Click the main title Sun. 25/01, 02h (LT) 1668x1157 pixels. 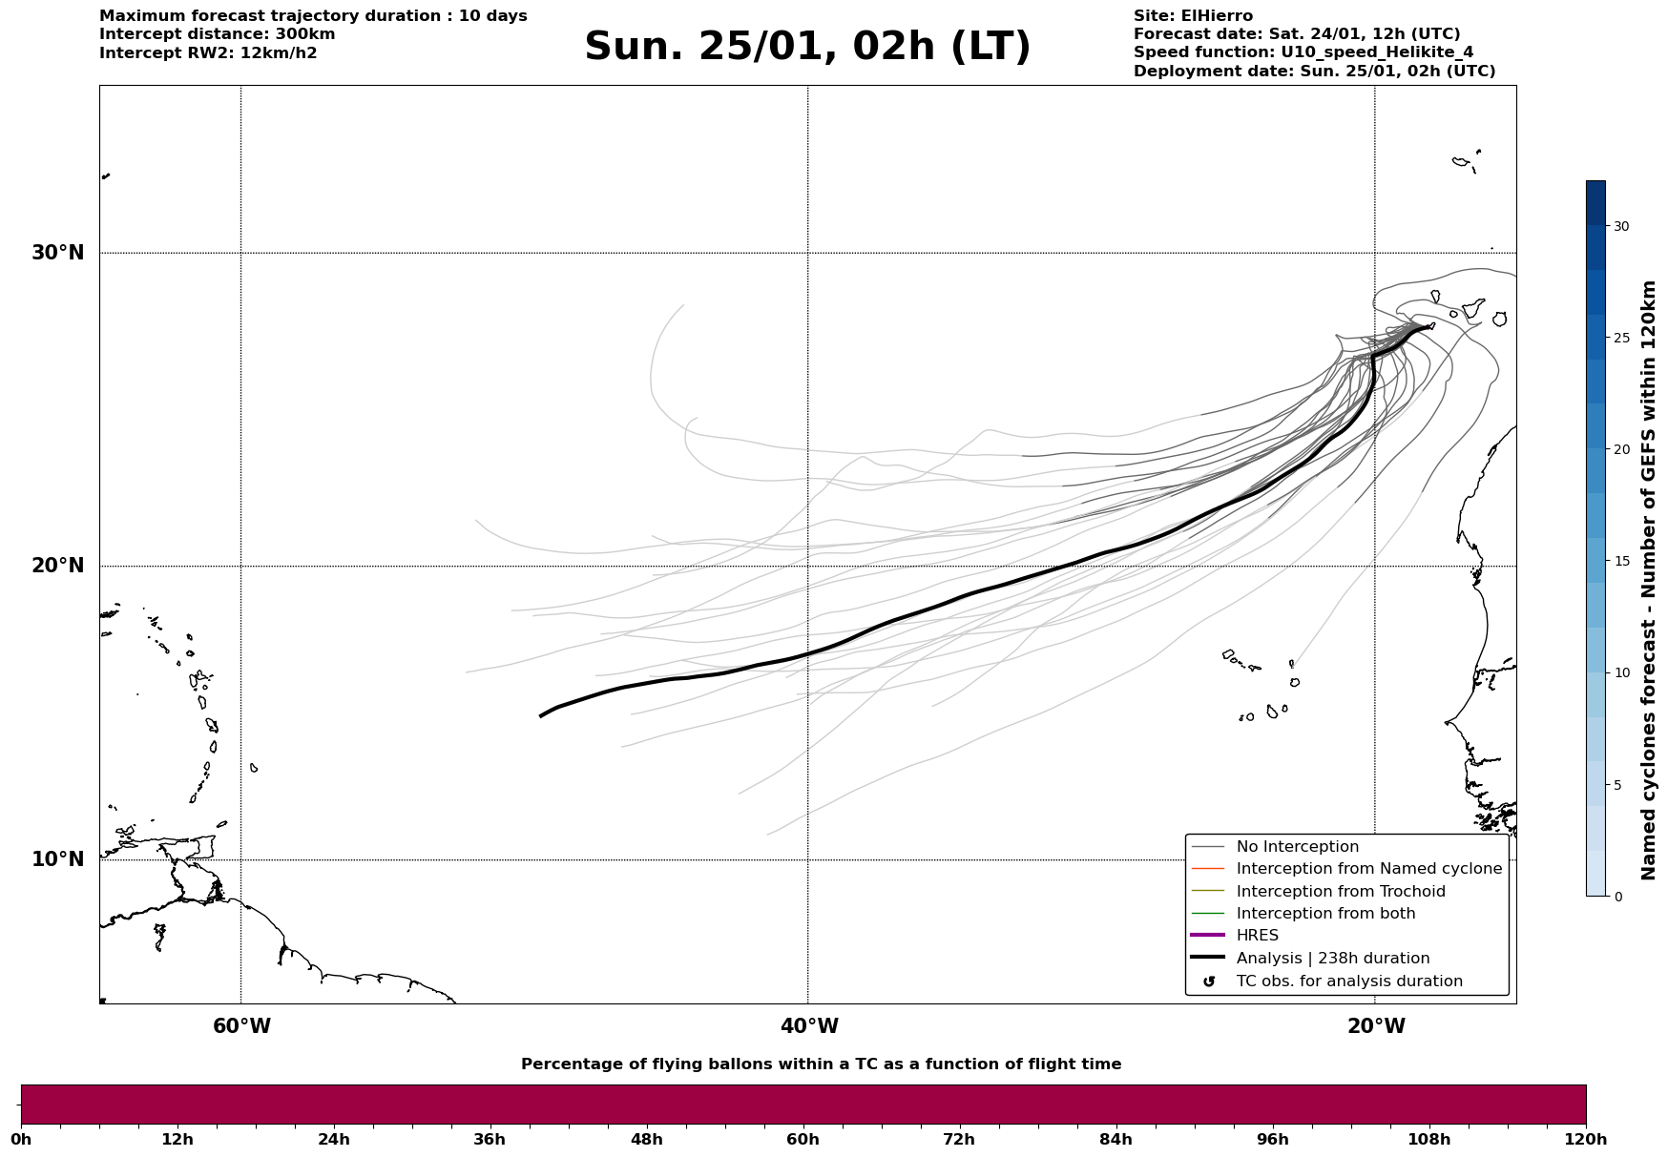tap(807, 47)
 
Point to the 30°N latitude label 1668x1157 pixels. tap(58, 253)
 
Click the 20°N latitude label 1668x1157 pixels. tap(58, 566)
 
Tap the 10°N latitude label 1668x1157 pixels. tap(58, 859)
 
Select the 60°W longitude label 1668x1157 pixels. tap(241, 1026)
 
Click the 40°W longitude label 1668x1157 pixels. tap(809, 1026)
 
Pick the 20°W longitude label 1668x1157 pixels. tap(1376, 1026)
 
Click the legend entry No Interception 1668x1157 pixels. tap(1297, 847)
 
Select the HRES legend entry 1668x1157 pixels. tap(1257, 936)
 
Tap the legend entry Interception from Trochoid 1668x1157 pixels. tap(1340, 892)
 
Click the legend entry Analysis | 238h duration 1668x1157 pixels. tap(1332, 959)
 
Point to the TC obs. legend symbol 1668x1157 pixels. tap(1209, 981)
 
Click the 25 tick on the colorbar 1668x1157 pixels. tap(1621, 338)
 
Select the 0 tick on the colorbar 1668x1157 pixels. tap(1617, 897)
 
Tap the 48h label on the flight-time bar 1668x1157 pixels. tap(646, 1140)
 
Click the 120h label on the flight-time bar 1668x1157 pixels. tap(1585, 1140)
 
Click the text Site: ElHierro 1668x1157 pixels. tap(1193, 16)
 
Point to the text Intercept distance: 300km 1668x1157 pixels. tap(217, 34)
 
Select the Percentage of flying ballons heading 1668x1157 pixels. tap(821, 1064)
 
